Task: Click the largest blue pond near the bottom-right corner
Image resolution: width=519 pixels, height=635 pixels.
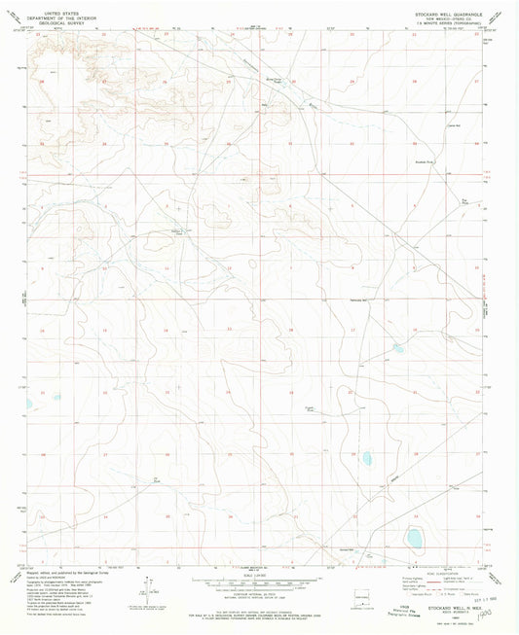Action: pyautogui.click(x=415, y=537)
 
